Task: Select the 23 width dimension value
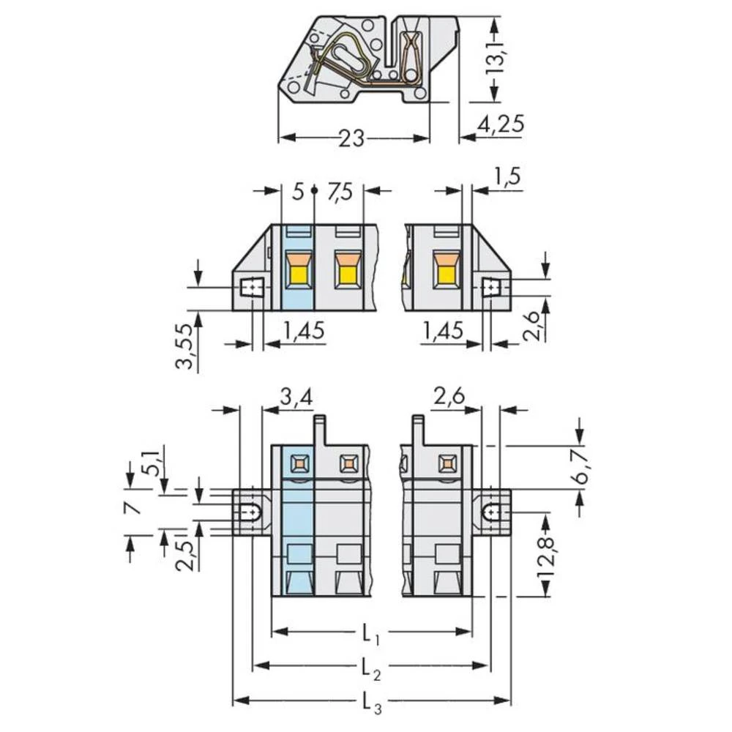[x=351, y=138]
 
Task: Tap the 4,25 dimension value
[x=501, y=124]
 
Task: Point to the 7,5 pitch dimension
[x=340, y=192]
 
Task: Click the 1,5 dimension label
[x=507, y=177]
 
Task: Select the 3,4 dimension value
[x=296, y=397]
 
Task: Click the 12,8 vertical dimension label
[x=545, y=559]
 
